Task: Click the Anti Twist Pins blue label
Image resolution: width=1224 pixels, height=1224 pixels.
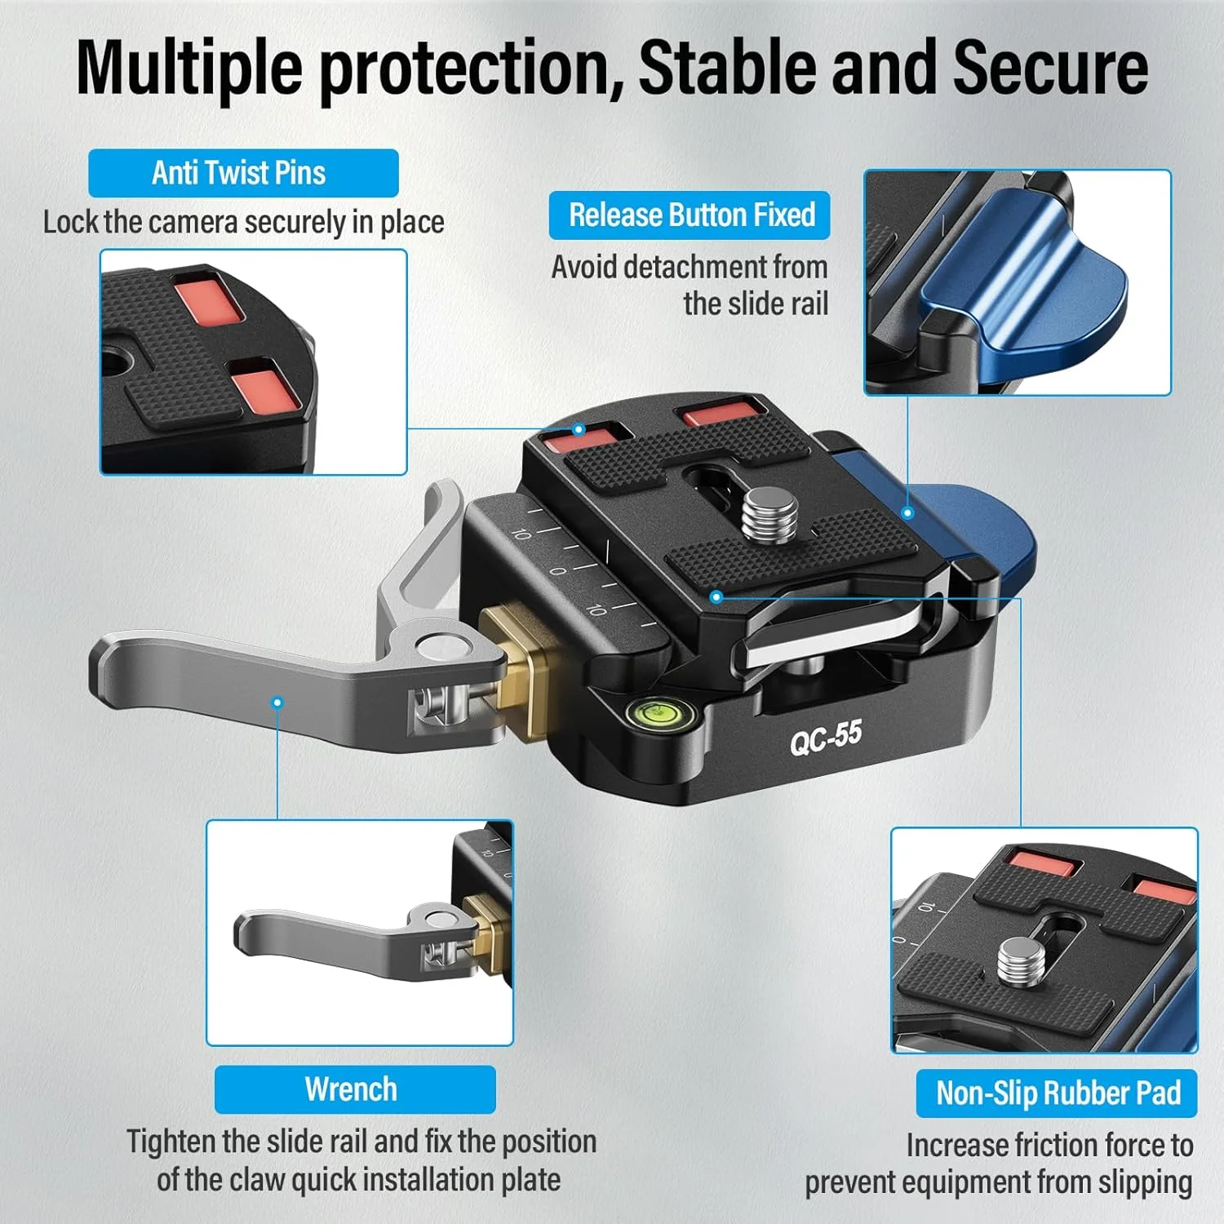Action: tap(243, 173)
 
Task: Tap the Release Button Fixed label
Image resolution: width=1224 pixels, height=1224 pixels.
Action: tap(690, 215)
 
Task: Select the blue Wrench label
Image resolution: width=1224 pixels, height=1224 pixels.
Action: tap(355, 1089)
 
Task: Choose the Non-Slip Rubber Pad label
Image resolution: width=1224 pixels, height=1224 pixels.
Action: tap(1057, 1093)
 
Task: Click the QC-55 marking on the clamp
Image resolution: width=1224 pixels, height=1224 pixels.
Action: tap(826, 737)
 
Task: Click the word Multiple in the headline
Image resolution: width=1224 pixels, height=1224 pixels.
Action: tap(189, 68)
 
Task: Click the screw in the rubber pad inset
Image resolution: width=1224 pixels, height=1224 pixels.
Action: tap(1019, 962)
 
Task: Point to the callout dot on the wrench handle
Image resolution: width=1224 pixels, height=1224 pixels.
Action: tap(277, 702)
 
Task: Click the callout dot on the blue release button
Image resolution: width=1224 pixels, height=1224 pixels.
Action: tap(907, 513)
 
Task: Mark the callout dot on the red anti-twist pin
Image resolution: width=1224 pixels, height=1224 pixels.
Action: tap(579, 429)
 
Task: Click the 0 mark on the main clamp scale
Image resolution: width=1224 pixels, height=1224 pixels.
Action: tap(558, 570)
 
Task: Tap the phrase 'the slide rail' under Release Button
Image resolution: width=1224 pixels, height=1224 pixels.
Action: tap(756, 304)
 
